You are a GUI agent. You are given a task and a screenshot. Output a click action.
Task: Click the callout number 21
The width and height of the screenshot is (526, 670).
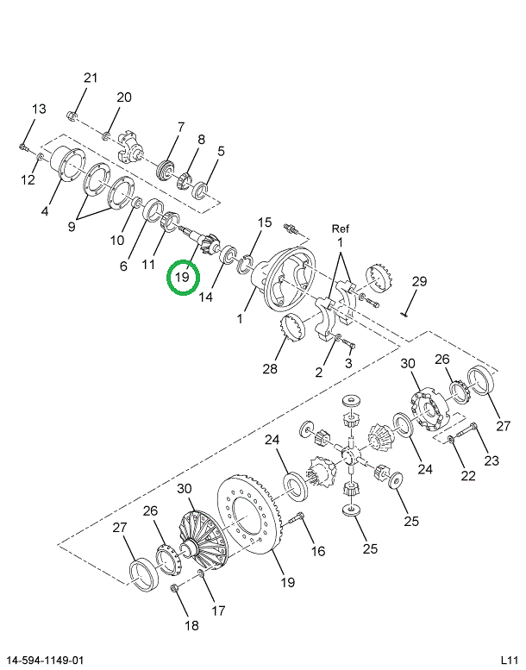tap(91, 78)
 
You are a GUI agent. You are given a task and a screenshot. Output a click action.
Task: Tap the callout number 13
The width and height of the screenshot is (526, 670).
tap(39, 110)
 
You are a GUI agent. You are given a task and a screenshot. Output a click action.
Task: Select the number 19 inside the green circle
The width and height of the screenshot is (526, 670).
tap(183, 278)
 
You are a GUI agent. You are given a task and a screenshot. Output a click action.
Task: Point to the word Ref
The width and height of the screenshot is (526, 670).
tap(340, 229)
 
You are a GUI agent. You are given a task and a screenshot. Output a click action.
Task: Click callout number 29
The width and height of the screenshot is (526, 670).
tap(419, 282)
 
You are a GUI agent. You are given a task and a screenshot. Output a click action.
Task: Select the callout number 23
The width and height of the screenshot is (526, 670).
tap(491, 460)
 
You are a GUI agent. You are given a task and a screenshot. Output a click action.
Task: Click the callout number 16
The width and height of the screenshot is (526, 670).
tap(318, 551)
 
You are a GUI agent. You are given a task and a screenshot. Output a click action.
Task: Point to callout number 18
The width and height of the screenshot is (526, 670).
tap(191, 625)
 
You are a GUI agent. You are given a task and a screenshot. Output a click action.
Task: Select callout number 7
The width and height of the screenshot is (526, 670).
tap(180, 128)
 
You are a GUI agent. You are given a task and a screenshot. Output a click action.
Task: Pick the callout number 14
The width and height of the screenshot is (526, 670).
tap(204, 297)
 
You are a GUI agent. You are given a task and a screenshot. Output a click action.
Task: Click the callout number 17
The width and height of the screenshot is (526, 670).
tap(218, 611)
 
